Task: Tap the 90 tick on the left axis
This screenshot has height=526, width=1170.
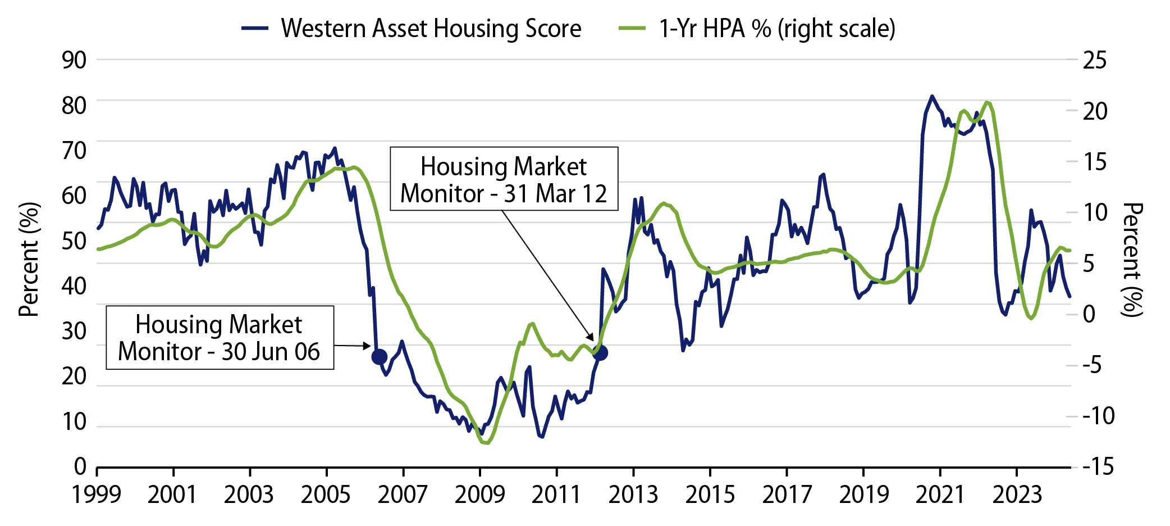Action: click(x=74, y=60)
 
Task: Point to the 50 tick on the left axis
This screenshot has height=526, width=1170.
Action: click(x=74, y=241)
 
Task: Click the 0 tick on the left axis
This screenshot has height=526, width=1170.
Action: click(x=80, y=466)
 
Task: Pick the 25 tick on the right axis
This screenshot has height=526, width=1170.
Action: click(x=1095, y=60)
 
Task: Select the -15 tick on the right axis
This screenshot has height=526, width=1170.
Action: click(x=1098, y=466)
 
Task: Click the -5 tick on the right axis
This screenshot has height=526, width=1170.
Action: click(x=1095, y=365)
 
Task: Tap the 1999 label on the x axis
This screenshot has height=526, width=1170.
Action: click(x=97, y=495)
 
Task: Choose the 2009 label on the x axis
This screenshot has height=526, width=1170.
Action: click(x=480, y=495)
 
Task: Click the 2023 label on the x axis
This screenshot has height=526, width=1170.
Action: click(x=1017, y=495)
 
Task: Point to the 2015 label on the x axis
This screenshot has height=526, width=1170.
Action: click(x=710, y=495)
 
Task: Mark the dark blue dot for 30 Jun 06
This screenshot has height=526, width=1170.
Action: click(x=380, y=356)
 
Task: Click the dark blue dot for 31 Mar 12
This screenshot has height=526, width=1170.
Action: click(x=600, y=353)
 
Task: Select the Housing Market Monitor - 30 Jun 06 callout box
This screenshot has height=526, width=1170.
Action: click(x=220, y=338)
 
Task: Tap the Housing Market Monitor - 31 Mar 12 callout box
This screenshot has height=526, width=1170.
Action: click(x=504, y=179)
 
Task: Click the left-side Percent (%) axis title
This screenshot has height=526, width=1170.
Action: click(x=29, y=260)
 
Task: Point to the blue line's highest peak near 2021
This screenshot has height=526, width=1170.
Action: click(x=932, y=96)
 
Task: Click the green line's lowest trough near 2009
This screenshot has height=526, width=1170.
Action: click(x=486, y=443)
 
